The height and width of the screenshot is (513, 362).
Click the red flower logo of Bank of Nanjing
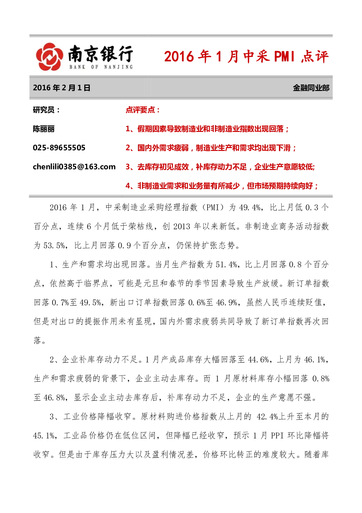click(49, 57)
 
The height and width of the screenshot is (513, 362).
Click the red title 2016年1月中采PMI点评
click(246, 56)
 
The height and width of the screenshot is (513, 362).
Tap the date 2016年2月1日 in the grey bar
click(61, 88)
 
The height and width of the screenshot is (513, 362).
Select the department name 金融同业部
click(311, 88)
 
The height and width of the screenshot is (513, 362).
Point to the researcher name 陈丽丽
click(44, 129)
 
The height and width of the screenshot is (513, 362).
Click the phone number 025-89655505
click(59, 148)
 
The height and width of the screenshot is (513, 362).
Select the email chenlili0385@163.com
click(74, 167)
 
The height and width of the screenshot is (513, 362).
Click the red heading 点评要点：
click(143, 110)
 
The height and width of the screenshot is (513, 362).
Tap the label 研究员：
click(46, 110)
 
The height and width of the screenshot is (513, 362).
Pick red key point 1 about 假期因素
click(207, 129)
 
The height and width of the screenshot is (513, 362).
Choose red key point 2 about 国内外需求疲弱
click(211, 148)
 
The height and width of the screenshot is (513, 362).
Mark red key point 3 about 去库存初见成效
click(220, 167)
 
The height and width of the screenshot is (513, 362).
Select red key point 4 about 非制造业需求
click(222, 186)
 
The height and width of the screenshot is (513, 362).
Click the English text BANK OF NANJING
click(101, 67)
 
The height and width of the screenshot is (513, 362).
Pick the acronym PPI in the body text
click(277, 435)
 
